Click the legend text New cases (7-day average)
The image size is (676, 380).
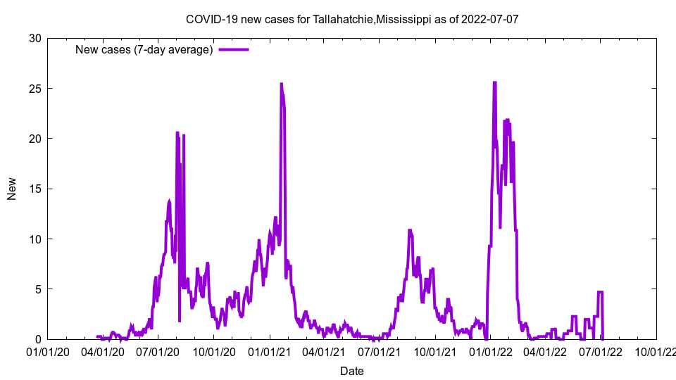(144, 49)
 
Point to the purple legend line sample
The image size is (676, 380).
(234, 49)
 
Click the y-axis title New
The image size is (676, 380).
(12, 189)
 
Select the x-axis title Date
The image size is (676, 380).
(352, 371)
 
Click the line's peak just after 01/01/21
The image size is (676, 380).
(282, 84)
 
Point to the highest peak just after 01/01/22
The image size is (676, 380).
(494, 82)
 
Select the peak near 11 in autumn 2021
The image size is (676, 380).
(410, 230)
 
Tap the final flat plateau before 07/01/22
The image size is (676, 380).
(600, 292)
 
